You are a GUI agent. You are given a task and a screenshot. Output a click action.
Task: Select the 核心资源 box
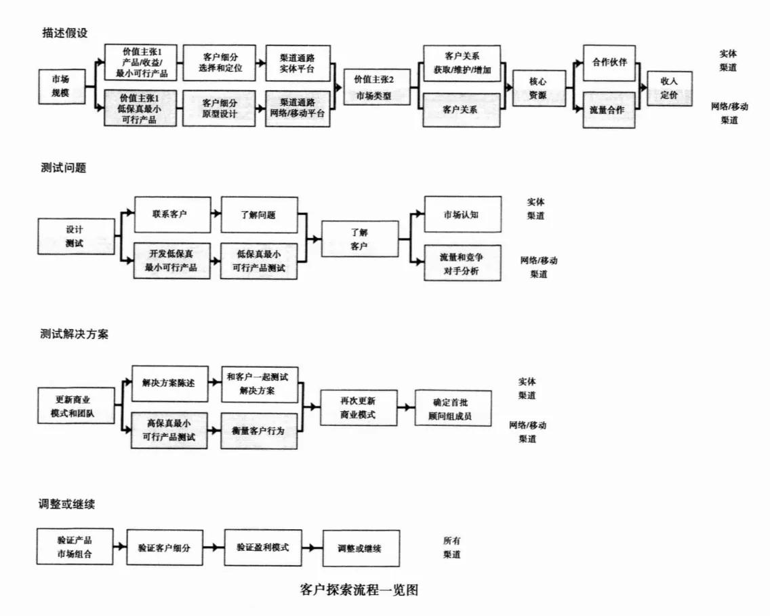(539, 88)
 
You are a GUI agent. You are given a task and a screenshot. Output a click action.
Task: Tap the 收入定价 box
(670, 88)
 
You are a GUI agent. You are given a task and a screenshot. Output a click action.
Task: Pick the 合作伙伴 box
(609, 62)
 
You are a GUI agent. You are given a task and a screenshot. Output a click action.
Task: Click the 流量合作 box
(609, 110)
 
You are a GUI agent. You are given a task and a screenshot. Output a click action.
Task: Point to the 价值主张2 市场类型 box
(373, 88)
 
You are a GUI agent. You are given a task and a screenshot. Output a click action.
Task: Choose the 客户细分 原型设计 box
(220, 109)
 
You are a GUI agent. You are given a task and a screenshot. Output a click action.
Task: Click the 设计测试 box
(75, 236)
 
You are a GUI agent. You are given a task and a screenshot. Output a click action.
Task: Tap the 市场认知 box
(462, 214)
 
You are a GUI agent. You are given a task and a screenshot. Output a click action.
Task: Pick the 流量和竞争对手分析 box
(462, 263)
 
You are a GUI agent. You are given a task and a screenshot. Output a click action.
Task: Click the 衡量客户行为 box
(259, 431)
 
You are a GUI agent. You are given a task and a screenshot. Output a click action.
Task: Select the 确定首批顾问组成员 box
(453, 407)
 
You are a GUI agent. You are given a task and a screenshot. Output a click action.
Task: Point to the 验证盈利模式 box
(262, 547)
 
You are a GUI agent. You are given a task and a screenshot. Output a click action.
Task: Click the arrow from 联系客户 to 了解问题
(214, 214)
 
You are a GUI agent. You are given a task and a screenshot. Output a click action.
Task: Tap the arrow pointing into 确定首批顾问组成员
(406, 407)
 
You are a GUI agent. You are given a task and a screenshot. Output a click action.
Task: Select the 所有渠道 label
(452, 547)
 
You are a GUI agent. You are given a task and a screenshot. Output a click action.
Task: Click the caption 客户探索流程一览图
(359, 590)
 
